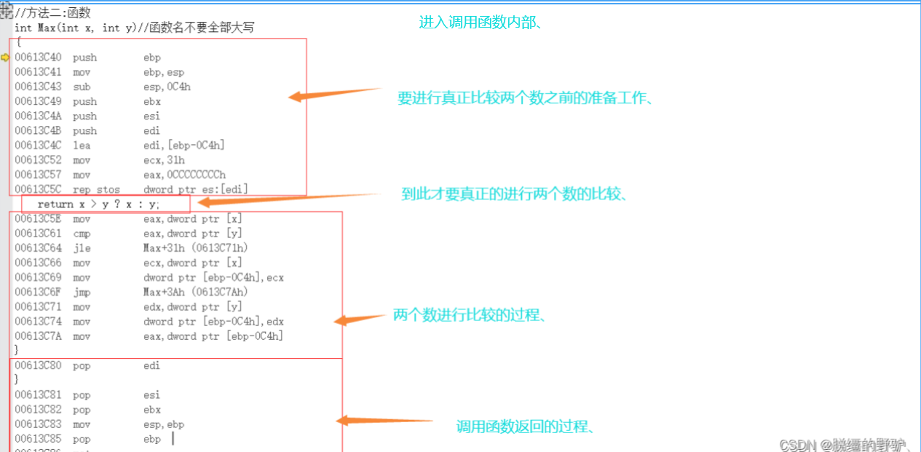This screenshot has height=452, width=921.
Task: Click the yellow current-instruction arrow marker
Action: click(x=5, y=58)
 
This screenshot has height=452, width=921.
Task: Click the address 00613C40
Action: click(x=38, y=58)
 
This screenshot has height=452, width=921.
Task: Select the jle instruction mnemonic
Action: click(x=82, y=248)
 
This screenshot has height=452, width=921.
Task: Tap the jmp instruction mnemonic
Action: click(x=82, y=292)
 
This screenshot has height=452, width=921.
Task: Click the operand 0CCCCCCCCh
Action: click(x=185, y=175)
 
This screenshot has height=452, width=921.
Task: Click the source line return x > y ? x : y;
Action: click(x=98, y=205)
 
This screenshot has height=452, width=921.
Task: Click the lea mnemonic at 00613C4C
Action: click(x=82, y=146)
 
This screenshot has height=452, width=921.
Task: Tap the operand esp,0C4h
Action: click(x=167, y=87)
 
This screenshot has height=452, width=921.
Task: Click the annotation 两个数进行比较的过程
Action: click(x=470, y=315)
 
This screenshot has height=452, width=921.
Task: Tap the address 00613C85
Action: click(x=38, y=439)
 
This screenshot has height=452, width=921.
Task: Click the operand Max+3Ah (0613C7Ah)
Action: click(x=196, y=292)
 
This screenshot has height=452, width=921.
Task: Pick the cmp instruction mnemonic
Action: click(x=82, y=234)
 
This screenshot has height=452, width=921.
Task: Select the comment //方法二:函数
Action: click(x=52, y=13)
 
